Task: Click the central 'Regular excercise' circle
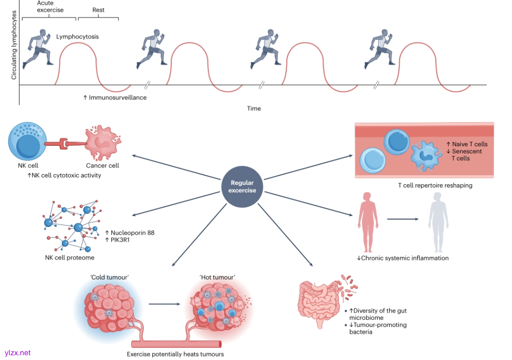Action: (243, 186)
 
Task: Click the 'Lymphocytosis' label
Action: (77, 36)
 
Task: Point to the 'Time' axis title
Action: (254, 108)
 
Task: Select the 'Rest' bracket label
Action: (98, 9)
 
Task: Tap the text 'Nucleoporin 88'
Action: (132, 233)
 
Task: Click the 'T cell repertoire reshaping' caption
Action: (435, 185)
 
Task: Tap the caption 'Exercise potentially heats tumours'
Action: (175, 354)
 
